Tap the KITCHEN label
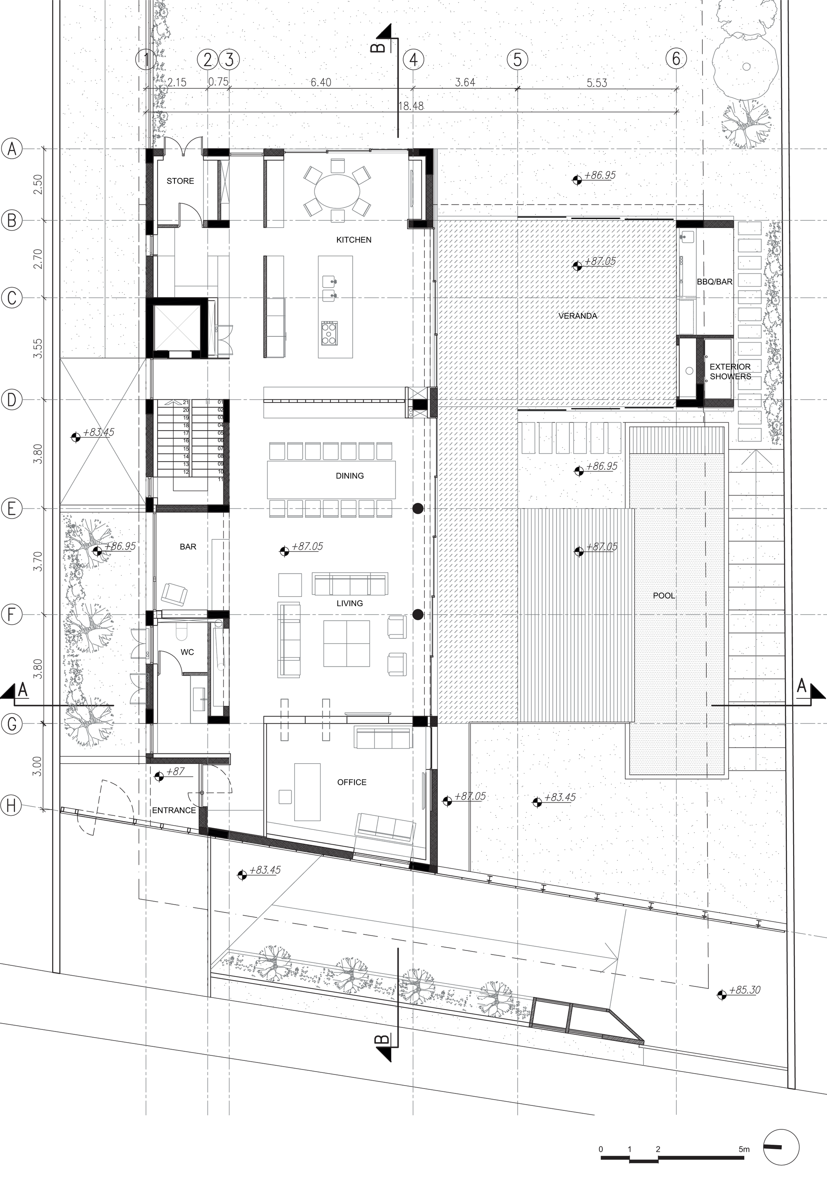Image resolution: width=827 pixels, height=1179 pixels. [x=354, y=240]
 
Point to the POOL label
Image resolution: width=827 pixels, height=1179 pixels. [x=664, y=595]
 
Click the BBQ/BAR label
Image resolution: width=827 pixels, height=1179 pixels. [x=715, y=282]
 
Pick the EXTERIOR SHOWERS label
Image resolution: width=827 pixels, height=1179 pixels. [x=730, y=371]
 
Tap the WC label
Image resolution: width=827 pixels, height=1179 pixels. [x=187, y=652]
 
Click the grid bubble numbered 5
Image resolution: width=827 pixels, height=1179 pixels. [x=517, y=60]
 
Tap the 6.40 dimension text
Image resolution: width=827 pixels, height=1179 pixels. [x=321, y=82]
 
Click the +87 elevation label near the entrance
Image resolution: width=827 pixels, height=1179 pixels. [x=175, y=772]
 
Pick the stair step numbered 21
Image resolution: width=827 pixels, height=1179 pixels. [x=186, y=402]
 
